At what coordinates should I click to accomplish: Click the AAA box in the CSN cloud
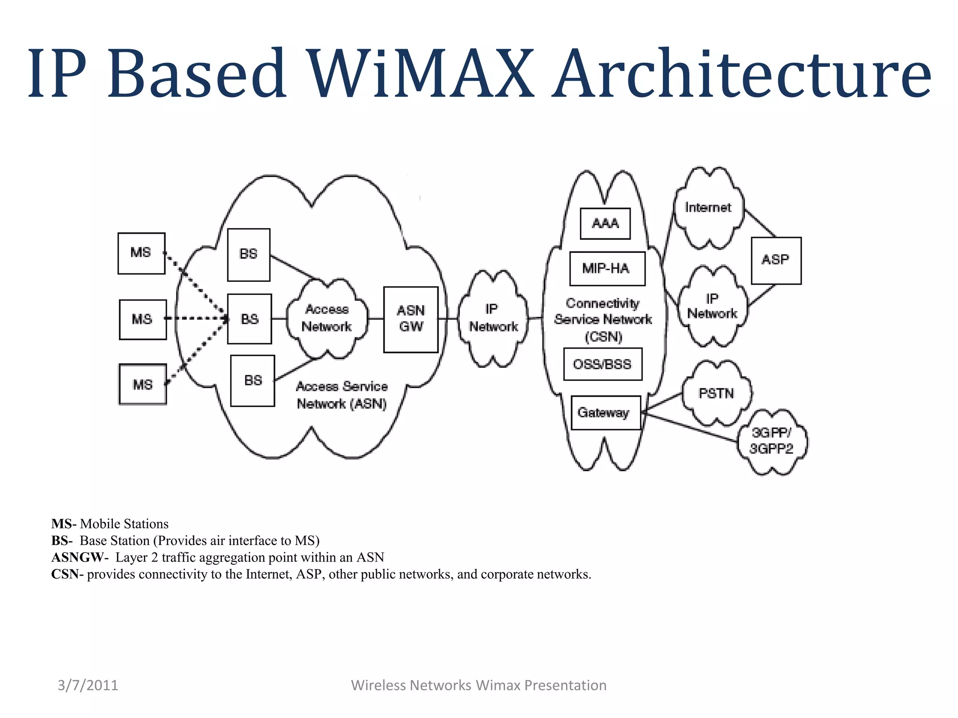click(605, 223)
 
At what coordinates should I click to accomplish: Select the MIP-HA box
click(607, 268)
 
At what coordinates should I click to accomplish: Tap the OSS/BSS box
click(602, 364)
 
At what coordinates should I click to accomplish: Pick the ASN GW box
click(411, 319)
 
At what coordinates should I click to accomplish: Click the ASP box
click(776, 260)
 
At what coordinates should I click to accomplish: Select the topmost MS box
click(141, 253)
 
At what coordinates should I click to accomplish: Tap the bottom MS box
click(143, 384)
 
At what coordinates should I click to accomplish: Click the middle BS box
click(249, 319)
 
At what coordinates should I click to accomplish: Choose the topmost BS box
click(248, 254)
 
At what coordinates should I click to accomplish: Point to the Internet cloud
click(708, 208)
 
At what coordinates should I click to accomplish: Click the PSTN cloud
click(716, 394)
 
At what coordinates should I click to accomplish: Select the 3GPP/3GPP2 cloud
click(771, 441)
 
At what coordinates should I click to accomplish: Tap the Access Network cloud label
click(327, 318)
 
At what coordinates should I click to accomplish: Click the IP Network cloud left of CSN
click(493, 318)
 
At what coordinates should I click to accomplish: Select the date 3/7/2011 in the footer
click(88, 685)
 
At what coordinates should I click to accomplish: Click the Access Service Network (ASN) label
click(342, 395)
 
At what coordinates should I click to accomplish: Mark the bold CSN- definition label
click(67, 574)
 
